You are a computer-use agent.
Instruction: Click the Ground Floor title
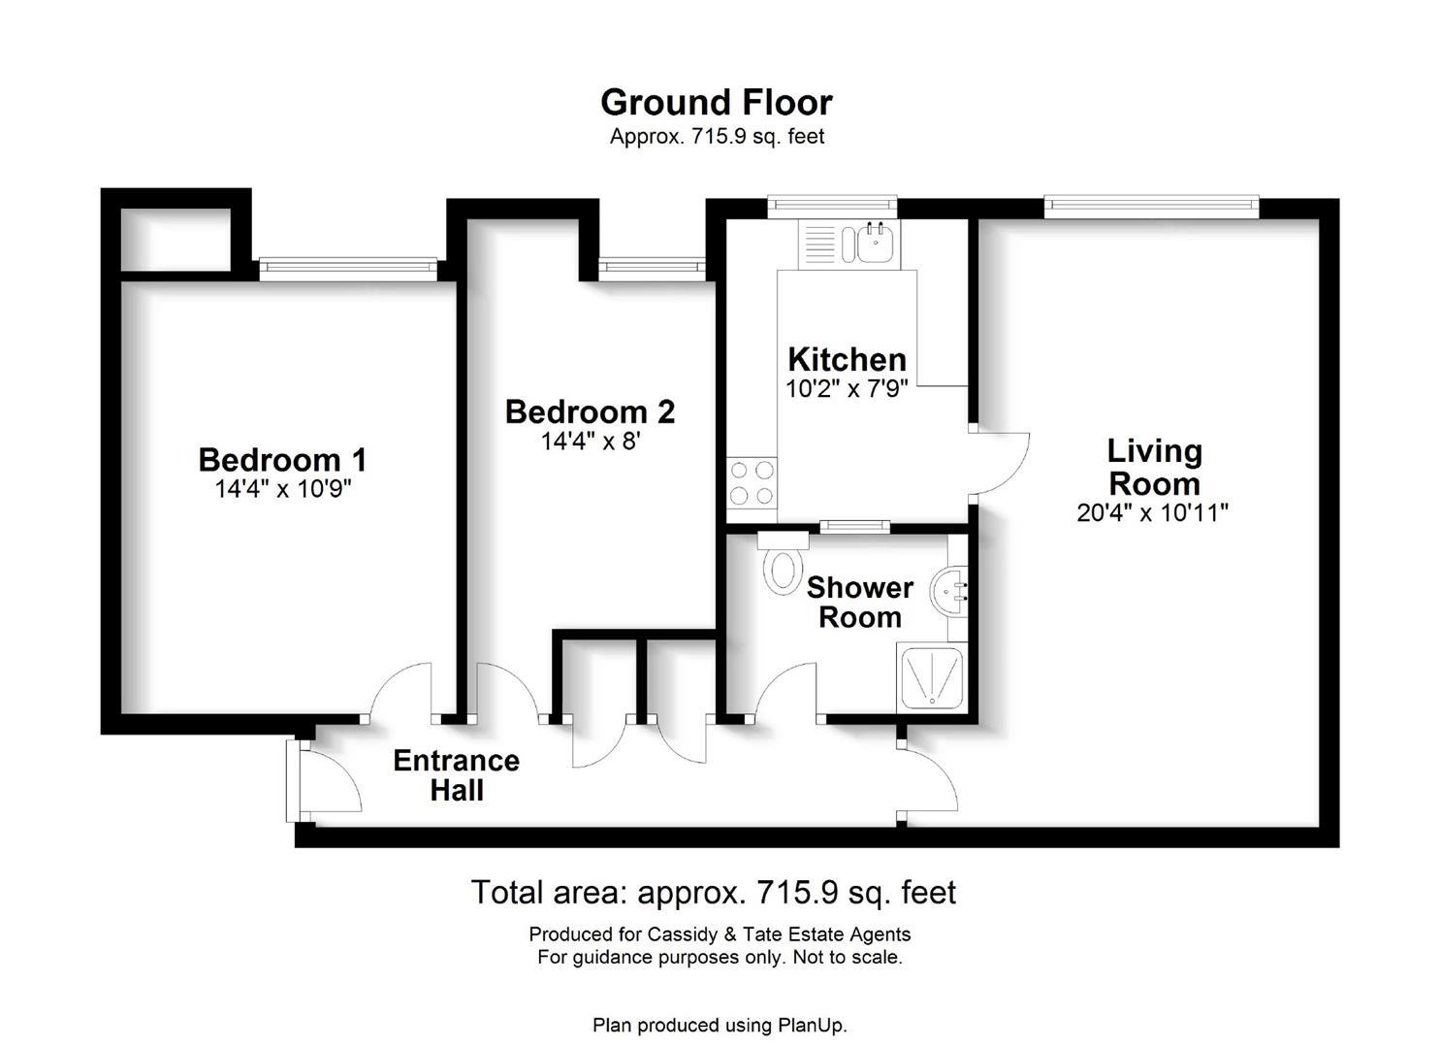tap(717, 102)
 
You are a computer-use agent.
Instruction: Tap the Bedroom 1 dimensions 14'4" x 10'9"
tap(283, 489)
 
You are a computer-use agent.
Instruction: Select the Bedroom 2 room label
tap(591, 411)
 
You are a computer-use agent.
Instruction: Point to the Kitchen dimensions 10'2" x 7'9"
tap(847, 388)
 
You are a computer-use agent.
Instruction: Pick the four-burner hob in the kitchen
tap(752, 482)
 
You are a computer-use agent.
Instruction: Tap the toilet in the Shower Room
tap(783, 563)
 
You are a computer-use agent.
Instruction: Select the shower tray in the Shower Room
tap(932, 677)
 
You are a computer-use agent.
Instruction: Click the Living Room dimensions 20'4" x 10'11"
tap(1153, 512)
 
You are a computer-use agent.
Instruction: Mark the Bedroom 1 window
tap(348, 269)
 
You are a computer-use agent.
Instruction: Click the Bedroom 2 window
tap(652, 269)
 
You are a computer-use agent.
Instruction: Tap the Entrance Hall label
tap(457, 775)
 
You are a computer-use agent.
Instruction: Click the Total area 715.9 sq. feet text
tap(714, 893)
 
